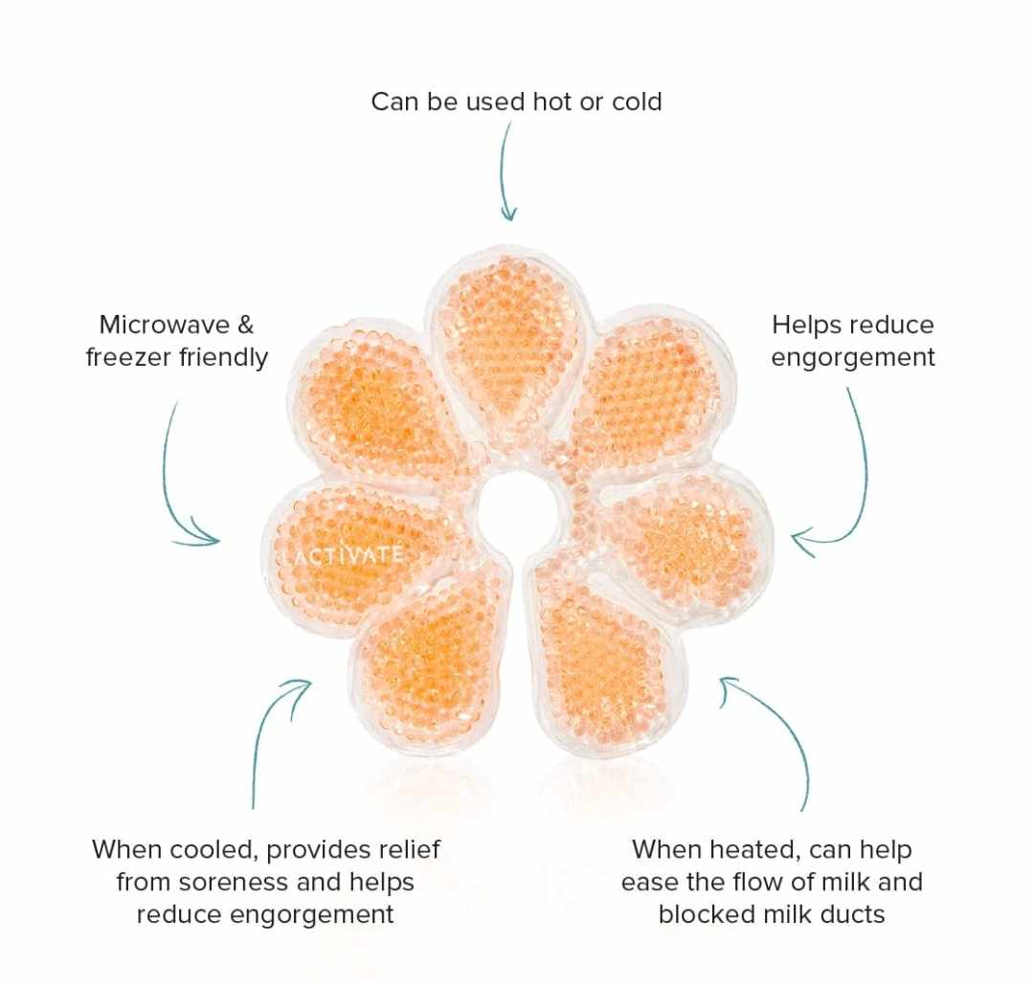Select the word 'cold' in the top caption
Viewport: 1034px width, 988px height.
[x=635, y=101]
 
